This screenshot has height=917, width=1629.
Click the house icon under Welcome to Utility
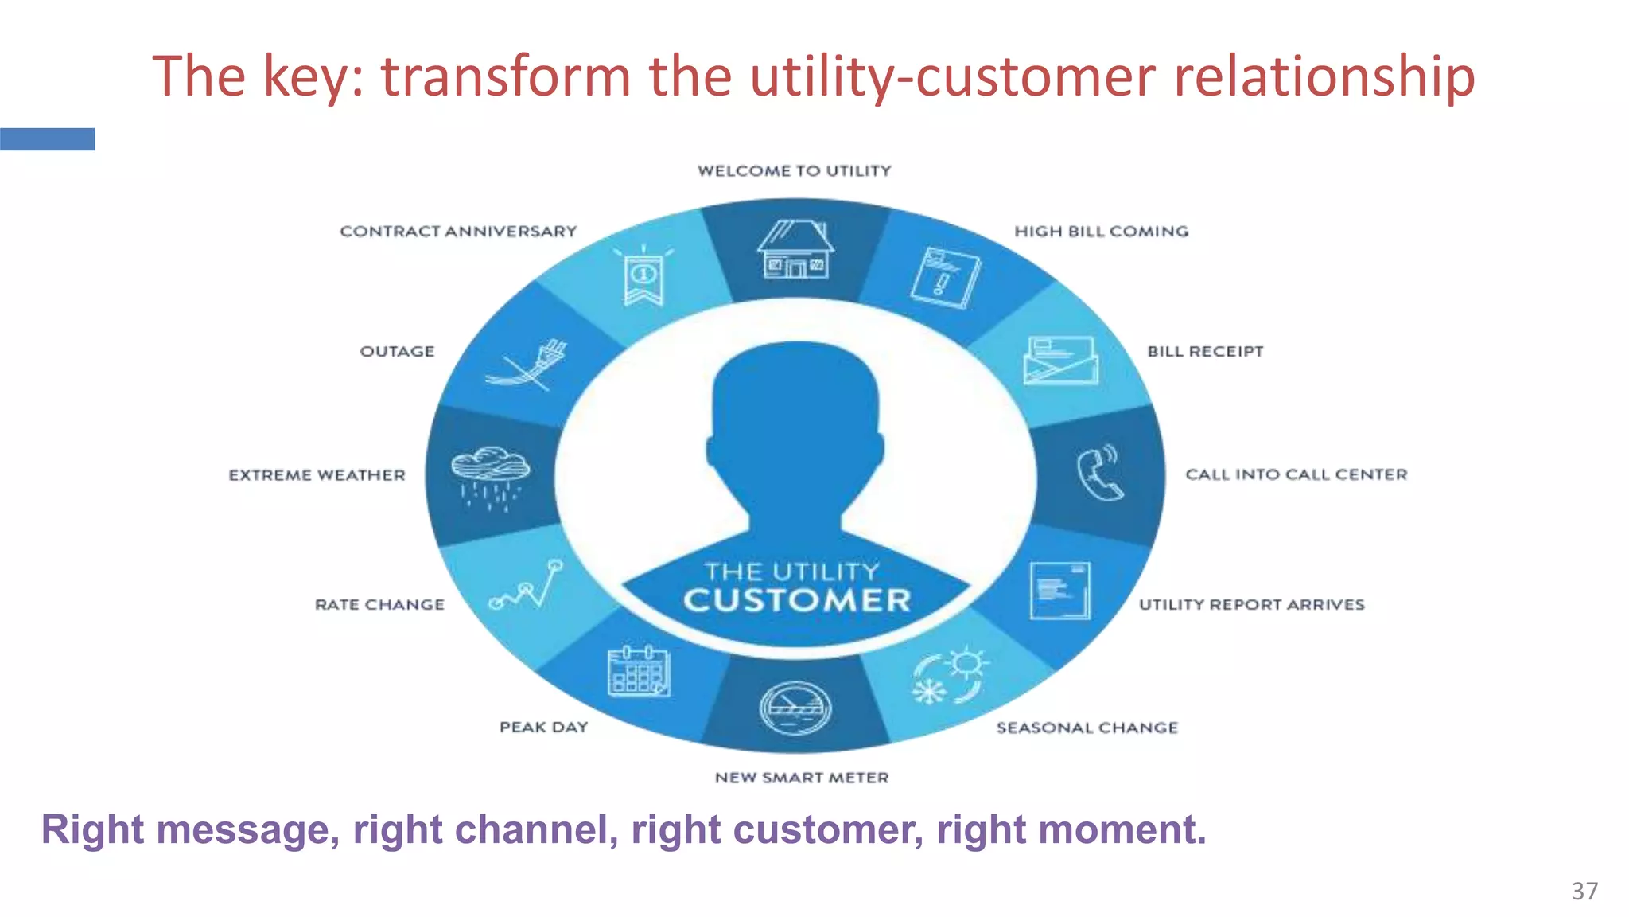tap(795, 250)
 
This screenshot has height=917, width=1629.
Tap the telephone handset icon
tap(1100, 474)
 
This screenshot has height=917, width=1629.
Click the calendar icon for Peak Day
tap(639, 671)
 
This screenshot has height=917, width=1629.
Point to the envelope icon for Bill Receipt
tap(1061, 361)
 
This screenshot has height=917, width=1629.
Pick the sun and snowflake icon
tap(950, 677)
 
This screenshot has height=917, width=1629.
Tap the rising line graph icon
tap(526, 585)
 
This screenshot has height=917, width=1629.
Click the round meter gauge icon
tap(795, 708)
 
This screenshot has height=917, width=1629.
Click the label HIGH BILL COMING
tap(1101, 232)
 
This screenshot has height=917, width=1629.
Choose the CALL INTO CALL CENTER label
tap(1296, 474)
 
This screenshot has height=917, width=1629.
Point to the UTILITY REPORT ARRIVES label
tap(1251, 605)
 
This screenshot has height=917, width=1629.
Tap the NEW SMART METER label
tap(801, 778)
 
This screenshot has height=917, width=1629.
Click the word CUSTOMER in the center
tap(797, 601)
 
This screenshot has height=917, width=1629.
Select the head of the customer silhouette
tap(795, 422)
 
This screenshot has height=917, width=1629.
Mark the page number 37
tap(1584, 891)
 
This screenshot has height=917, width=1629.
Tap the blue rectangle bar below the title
tap(48, 139)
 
